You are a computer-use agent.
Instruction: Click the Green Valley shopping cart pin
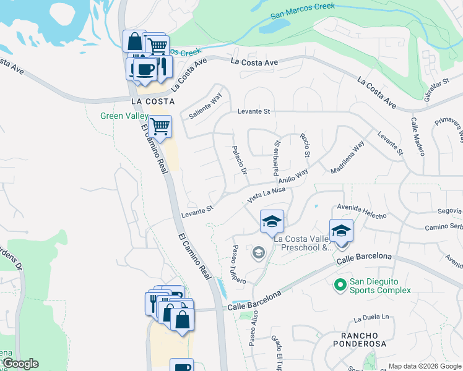point(160,127)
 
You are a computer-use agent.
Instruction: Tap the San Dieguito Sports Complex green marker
point(339,285)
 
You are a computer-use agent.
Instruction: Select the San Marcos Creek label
point(303,11)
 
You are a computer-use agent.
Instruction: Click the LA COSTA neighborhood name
point(153,101)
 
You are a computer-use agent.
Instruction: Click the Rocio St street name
point(305,145)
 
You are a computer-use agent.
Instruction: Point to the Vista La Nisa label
point(266,195)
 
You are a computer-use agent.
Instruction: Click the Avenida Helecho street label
point(361,211)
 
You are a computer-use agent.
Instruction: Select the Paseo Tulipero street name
point(239,264)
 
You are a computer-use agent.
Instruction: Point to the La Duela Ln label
point(372,318)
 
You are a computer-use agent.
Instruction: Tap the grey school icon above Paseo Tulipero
point(257,252)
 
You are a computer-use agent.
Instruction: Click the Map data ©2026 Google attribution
point(424,366)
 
